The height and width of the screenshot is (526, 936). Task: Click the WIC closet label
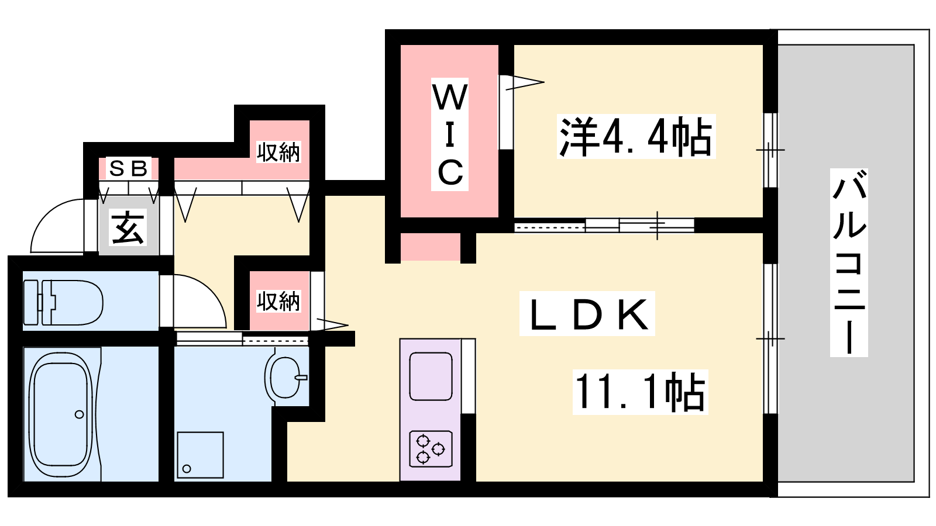pyautogui.click(x=450, y=134)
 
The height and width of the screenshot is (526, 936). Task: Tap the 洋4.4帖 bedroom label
pyautogui.click(x=636, y=136)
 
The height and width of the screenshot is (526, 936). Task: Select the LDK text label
pyautogui.click(x=587, y=313)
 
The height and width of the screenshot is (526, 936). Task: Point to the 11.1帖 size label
pyautogui.click(x=640, y=392)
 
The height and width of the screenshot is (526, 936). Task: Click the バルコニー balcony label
pyautogui.click(x=849, y=262)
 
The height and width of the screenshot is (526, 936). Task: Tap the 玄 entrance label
pyautogui.click(x=128, y=227)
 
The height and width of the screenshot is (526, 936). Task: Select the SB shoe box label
pyautogui.click(x=128, y=169)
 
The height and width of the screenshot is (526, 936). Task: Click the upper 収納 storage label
pyautogui.click(x=278, y=152)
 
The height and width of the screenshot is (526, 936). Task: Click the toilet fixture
pyautogui.click(x=63, y=302)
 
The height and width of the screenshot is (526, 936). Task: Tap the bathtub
pyautogui.click(x=61, y=414)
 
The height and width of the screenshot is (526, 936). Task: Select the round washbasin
pyautogui.click(x=285, y=378)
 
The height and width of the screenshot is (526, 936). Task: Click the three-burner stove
pyautogui.click(x=431, y=448)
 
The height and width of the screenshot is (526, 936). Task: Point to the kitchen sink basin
pyautogui.click(x=431, y=376)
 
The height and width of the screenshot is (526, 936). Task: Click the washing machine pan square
pyautogui.click(x=200, y=455)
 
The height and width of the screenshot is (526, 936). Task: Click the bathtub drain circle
pyautogui.click(x=80, y=414)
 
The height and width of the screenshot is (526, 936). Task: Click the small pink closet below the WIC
pyautogui.click(x=431, y=247)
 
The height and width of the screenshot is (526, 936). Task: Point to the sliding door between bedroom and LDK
pyautogui.click(x=604, y=226)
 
